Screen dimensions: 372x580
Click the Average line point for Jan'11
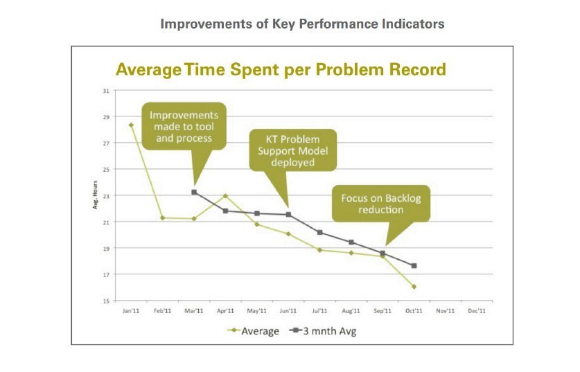pos(131,125)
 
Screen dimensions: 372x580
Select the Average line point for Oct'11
pos(414,286)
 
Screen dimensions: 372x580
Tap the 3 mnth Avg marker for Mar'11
pos(194,192)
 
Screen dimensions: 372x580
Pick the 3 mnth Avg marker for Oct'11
pos(414,266)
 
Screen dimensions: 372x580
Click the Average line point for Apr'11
pos(225,196)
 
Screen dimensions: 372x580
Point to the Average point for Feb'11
pos(162,218)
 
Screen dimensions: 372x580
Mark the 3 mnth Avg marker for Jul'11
pos(319,232)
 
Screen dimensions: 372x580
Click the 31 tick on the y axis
pos(106,91)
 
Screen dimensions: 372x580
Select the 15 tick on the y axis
pos(106,301)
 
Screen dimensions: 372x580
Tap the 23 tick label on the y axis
pos(106,196)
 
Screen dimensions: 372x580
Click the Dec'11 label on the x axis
pos(477,311)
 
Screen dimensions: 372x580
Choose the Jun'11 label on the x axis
pos(288,311)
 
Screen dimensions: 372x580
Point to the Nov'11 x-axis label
pos(446,311)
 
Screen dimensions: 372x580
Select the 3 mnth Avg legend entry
pos(325,331)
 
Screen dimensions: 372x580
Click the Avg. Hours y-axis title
pos(96,196)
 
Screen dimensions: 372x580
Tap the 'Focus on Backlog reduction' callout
pos(380,203)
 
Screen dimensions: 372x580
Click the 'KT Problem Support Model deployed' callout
pos(292,150)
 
